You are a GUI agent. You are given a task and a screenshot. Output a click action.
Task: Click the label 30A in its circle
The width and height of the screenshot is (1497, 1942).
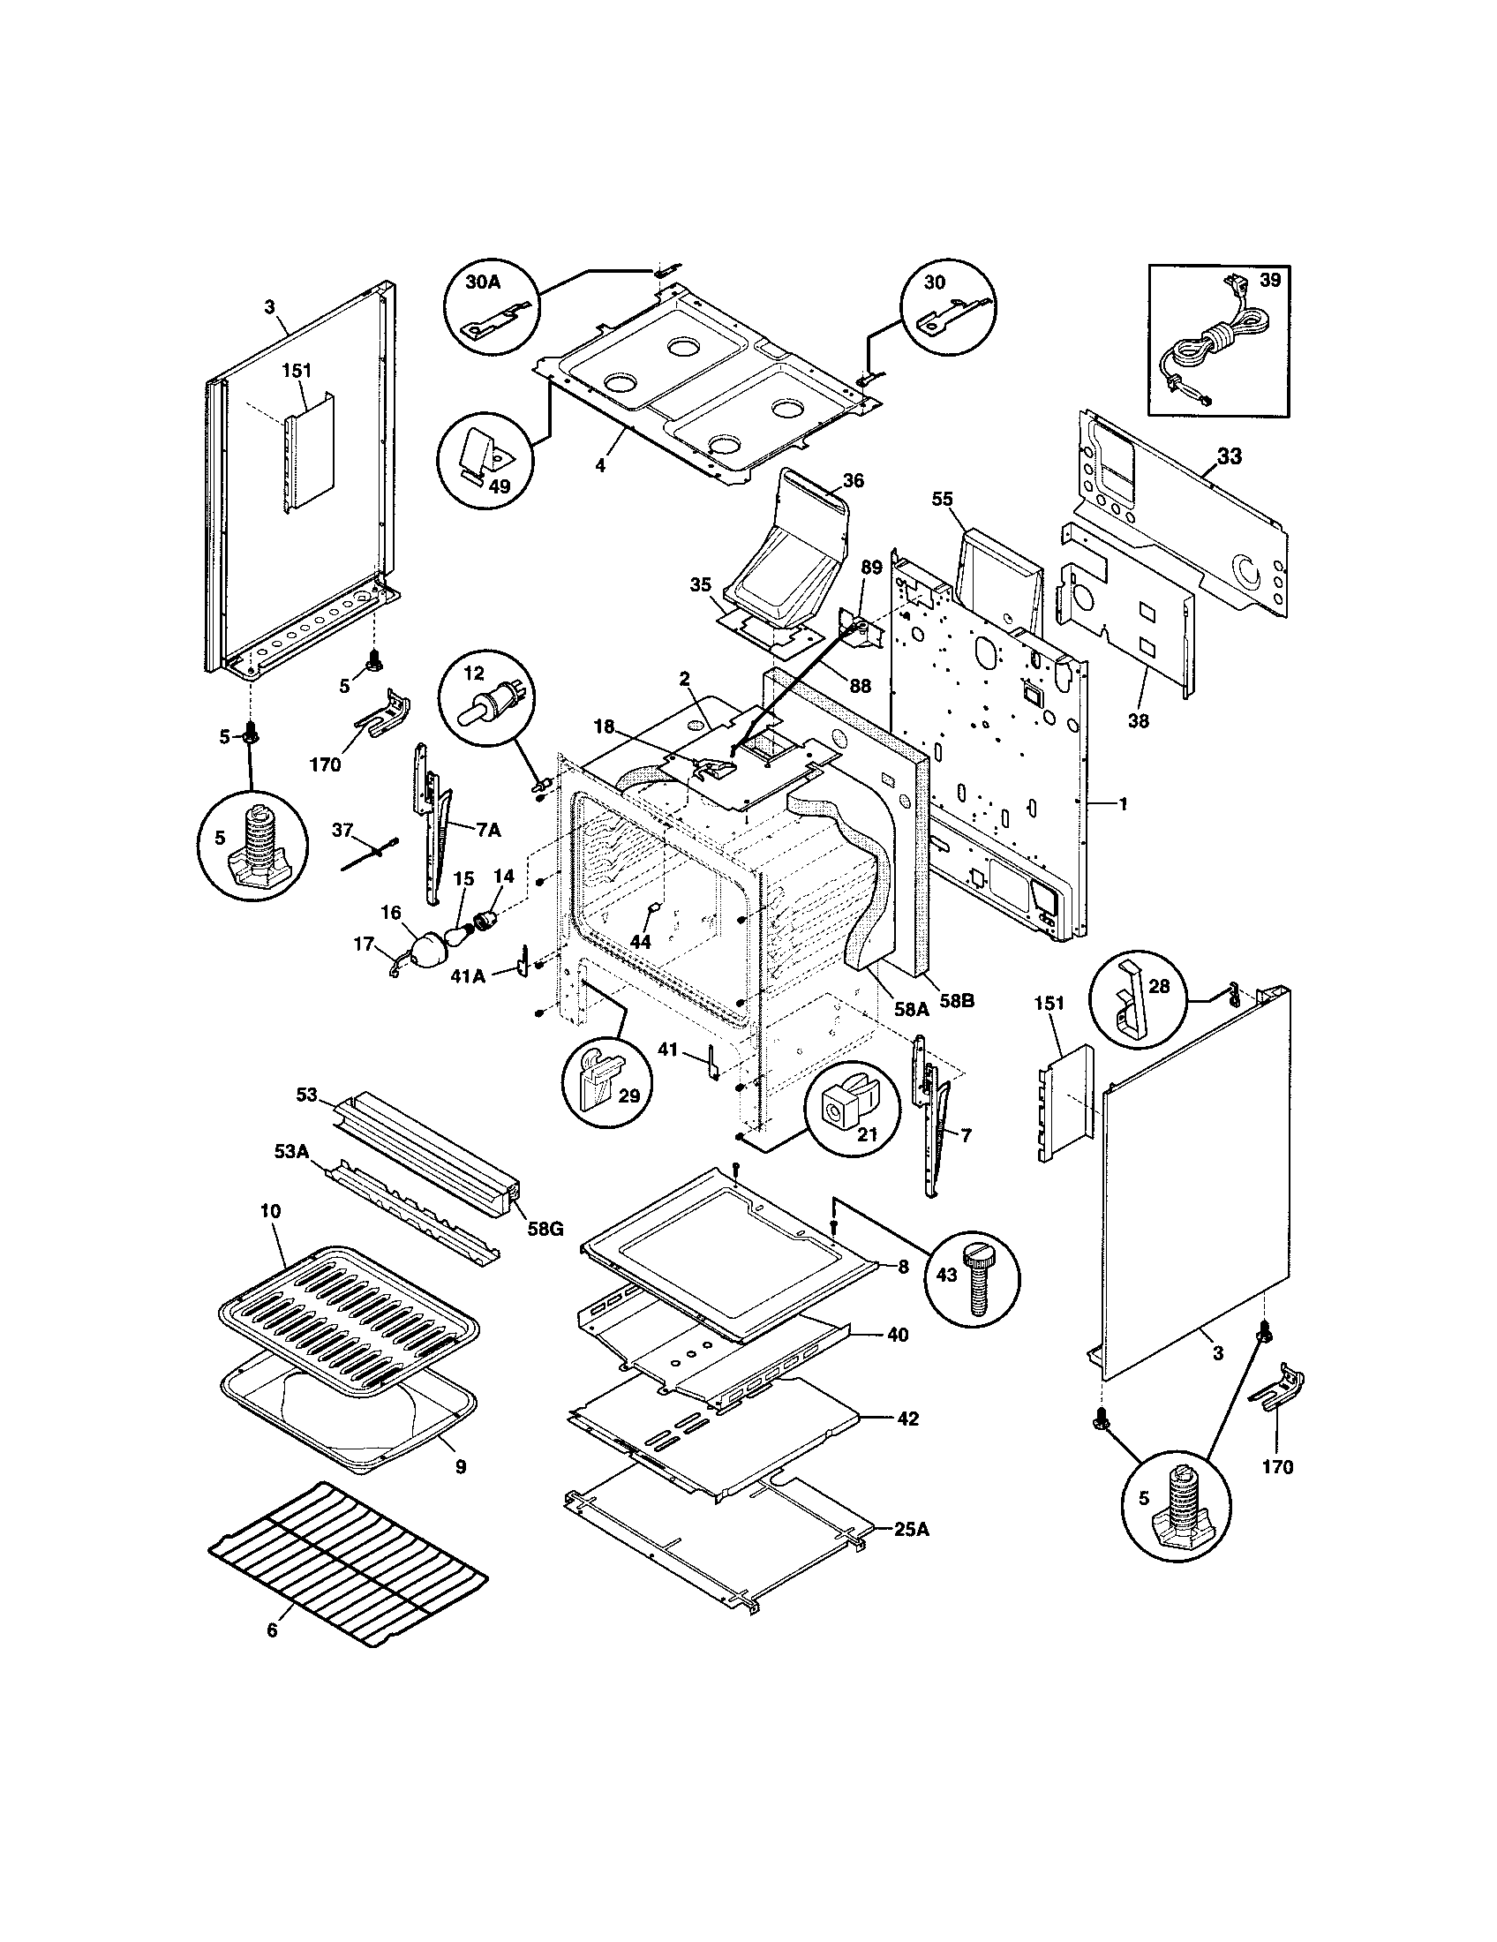483,282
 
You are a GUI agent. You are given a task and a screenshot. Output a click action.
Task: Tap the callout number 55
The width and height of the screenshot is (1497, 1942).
943,500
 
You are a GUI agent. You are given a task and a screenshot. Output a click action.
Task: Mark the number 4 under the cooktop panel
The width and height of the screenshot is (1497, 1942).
601,466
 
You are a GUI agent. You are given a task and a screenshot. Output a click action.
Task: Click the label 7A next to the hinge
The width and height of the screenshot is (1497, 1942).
489,830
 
